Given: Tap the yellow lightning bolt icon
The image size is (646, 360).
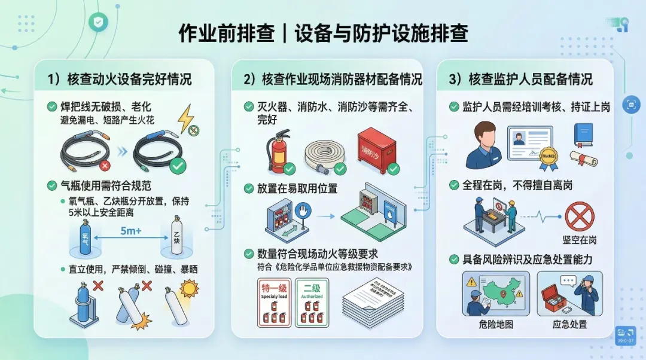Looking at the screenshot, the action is click(x=187, y=114).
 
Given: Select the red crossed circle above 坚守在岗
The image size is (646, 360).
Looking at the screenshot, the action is click(x=579, y=216).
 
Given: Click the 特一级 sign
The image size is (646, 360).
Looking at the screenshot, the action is click(x=275, y=303).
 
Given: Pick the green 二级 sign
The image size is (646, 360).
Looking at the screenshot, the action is click(x=312, y=303).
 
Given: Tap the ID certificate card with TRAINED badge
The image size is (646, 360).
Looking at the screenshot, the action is click(x=529, y=144).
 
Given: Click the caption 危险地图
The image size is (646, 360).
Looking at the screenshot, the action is click(x=496, y=325).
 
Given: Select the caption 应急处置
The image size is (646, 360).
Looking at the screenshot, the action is click(x=569, y=325).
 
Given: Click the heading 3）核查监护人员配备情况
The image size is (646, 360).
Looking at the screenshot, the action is click(x=521, y=79).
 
